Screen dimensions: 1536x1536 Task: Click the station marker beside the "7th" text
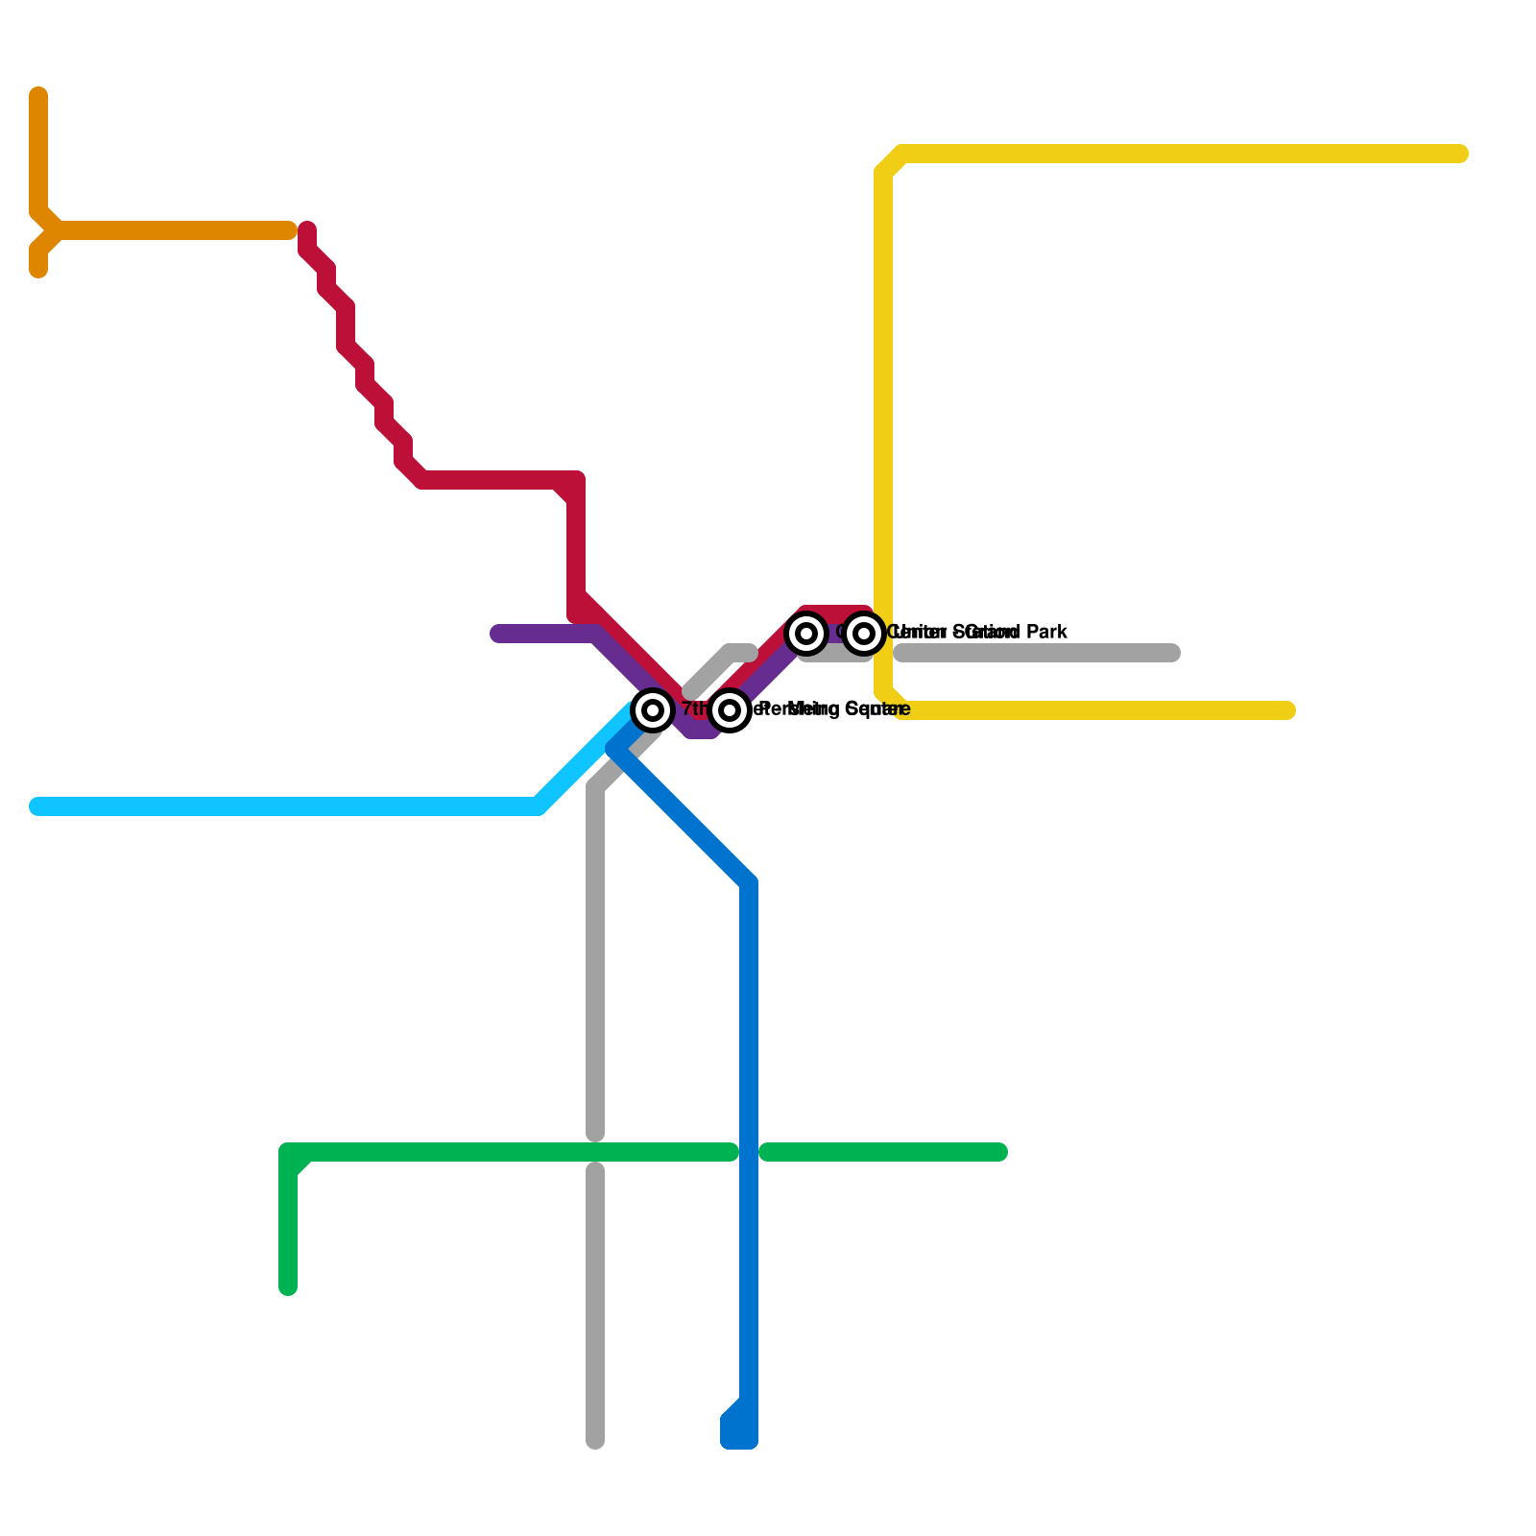[653, 710]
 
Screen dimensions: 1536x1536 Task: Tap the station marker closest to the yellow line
[864, 634]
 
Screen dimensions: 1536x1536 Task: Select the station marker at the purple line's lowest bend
[730, 710]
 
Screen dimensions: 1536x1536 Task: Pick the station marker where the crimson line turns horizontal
[806, 634]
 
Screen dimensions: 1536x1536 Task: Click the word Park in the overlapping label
[1046, 633]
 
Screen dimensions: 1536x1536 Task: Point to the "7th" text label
[693, 709]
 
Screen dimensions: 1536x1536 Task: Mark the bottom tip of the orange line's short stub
[38, 271]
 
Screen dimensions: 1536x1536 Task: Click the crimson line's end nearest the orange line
[307, 230]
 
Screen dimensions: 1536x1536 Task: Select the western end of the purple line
[497, 634]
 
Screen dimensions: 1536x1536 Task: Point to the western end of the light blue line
[36, 806]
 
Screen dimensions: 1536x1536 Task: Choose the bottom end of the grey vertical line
[595, 1440]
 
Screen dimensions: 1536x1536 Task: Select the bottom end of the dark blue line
[739, 1440]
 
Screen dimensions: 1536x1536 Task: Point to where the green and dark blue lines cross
[749, 1152]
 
